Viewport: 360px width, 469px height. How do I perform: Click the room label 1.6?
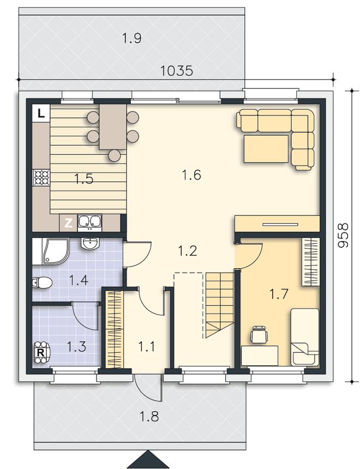[x=191, y=175]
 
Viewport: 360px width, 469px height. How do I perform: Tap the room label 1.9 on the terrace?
[x=132, y=39]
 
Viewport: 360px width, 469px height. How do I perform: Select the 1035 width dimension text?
[x=177, y=71]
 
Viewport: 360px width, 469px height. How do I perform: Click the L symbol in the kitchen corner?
[x=41, y=113]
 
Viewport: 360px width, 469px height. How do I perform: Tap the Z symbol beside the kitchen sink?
[x=69, y=223]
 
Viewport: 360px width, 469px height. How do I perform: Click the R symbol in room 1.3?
[x=41, y=352]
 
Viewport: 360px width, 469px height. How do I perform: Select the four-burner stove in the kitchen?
[x=41, y=178]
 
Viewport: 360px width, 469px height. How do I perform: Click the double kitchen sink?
[x=89, y=223]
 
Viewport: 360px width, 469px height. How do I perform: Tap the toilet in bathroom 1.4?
[x=43, y=282]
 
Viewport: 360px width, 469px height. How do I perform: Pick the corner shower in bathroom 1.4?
[x=51, y=251]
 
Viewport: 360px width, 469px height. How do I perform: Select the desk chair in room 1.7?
[x=259, y=334]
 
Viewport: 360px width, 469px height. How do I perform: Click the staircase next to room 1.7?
[x=219, y=305]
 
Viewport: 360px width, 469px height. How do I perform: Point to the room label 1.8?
[x=149, y=416]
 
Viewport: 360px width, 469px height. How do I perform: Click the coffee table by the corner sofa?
[x=266, y=149]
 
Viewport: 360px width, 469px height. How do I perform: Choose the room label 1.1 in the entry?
[x=147, y=347]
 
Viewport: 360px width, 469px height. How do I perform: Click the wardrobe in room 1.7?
[x=310, y=261]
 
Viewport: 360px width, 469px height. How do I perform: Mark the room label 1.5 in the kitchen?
[x=84, y=179]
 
